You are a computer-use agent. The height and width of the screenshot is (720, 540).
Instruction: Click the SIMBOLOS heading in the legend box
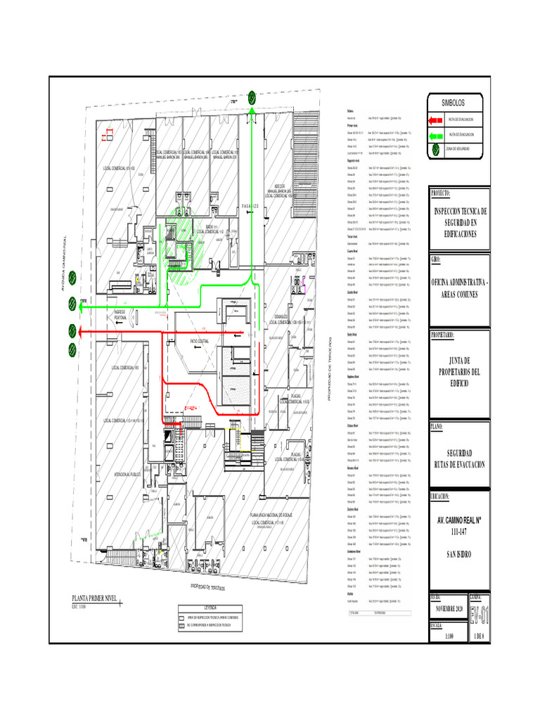coord(454,103)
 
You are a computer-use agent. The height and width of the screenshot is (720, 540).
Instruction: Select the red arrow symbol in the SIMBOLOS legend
coord(438,120)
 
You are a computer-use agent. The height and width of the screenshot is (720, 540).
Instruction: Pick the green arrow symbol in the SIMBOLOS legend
coord(438,134)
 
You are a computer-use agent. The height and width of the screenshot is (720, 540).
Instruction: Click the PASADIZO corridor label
coord(251,206)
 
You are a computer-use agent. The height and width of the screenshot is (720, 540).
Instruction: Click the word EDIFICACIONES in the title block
coord(456,233)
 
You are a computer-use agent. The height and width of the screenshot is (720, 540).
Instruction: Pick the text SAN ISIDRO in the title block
coord(456,555)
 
